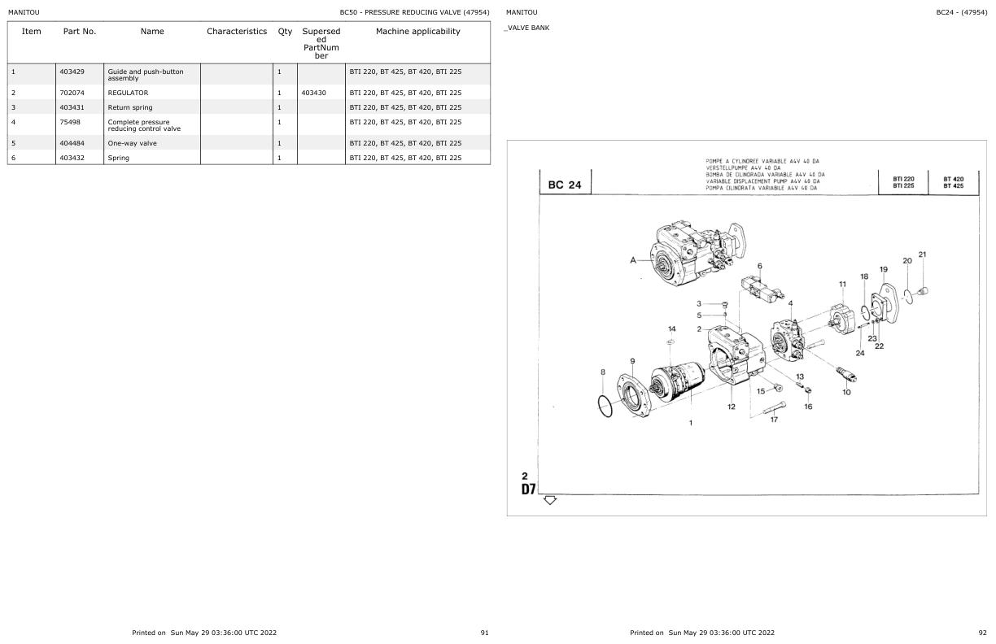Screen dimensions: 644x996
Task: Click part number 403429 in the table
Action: [72, 72]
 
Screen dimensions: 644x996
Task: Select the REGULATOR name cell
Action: [128, 93]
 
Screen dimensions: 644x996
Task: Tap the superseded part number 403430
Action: [313, 93]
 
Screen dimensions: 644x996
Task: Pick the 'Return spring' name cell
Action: [129, 107]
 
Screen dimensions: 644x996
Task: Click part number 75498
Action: [69, 122]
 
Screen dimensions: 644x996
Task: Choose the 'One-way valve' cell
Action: [132, 143]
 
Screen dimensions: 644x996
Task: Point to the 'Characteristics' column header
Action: [236, 32]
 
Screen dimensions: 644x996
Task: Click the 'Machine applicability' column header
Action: [417, 32]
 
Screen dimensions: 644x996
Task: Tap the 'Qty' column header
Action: [285, 32]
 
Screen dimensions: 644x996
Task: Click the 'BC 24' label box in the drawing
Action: [565, 185]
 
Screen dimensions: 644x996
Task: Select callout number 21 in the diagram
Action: [922, 255]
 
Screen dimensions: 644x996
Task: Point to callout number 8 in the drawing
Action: [603, 372]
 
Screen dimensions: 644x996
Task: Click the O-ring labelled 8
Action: [603, 405]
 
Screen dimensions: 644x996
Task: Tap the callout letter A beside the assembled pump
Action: [632, 260]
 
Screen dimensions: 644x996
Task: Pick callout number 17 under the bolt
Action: [774, 420]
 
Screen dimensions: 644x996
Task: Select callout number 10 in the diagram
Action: [846, 392]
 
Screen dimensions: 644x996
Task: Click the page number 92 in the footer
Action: [981, 632]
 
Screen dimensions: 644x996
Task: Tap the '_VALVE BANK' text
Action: [526, 28]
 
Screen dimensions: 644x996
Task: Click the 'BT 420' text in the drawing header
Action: [953, 179]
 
